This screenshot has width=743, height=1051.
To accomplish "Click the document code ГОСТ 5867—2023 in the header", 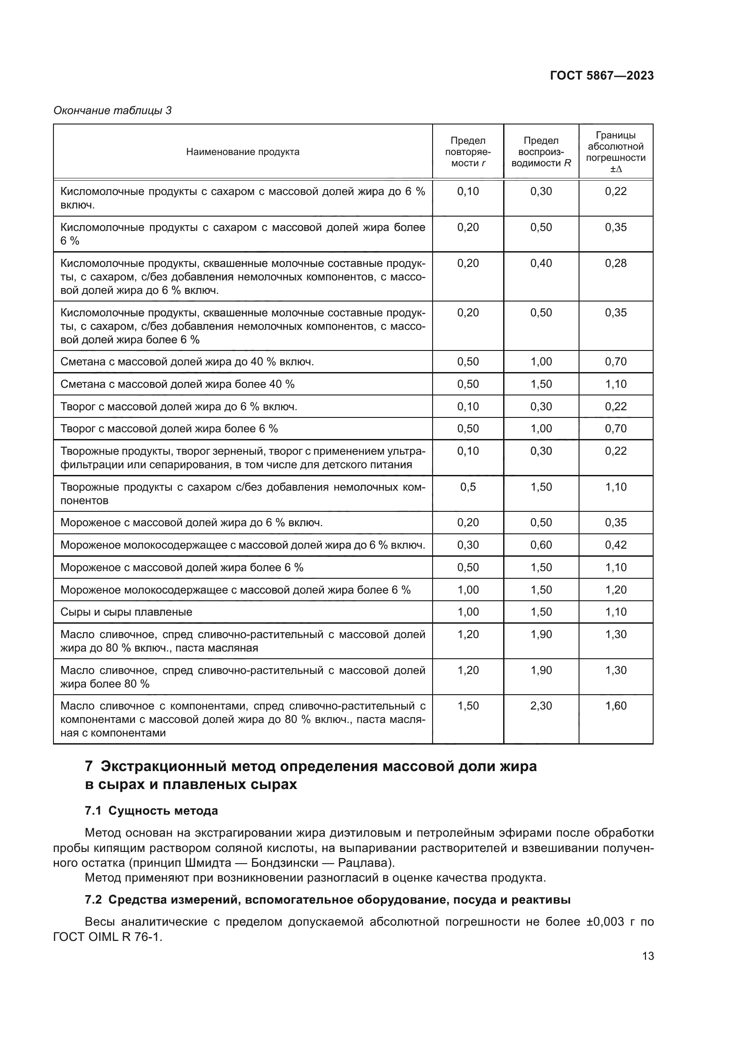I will (x=601, y=76).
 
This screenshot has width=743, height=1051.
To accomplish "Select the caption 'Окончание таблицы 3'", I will (x=113, y=111).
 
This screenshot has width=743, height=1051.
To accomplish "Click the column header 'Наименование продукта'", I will (x=243, y=152).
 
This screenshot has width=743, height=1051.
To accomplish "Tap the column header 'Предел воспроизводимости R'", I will (x=541, y=152).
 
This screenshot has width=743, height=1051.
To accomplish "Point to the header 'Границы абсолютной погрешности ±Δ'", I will (x=615, y=152).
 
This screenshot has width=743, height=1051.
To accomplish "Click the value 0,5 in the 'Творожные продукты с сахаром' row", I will (x=468, y=487).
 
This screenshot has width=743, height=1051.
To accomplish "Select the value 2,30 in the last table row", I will (x=541, y=706).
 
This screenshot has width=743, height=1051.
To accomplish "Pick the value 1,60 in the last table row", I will (x=615, y=706).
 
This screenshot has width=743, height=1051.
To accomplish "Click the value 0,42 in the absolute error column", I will (x=615, y=545).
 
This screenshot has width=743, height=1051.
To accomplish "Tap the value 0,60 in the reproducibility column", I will (x=541, y=545).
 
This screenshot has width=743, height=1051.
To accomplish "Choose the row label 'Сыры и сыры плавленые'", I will (x=126, y=612).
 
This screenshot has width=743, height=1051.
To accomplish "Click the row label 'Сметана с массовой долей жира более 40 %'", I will (x=177, y=385).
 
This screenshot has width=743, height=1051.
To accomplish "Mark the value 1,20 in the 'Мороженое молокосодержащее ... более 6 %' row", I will (x=615, y=590).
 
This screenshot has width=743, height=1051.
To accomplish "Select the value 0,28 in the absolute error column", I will (x=615, y=264).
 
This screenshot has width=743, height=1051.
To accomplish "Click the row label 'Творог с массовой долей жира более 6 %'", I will (x=169, y=429).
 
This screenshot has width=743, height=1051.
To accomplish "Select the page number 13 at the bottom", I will (x=648, y=956).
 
